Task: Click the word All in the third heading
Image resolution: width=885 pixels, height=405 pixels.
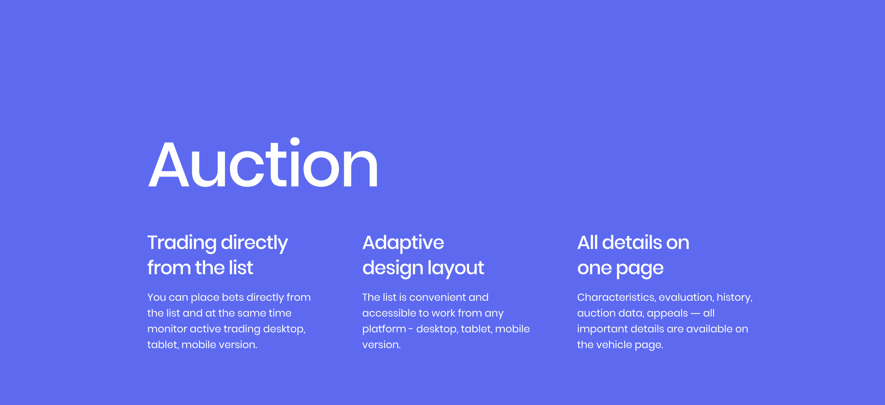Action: pos(588,243)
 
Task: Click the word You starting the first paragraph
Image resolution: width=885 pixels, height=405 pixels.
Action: pos(156,297)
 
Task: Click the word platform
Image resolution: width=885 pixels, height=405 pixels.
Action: pos(384,329)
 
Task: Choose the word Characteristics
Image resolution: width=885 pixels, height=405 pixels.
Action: pos(616,297)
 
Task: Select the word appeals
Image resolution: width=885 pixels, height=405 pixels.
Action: pos(667,314)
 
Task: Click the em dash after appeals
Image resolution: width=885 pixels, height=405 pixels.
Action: pos(695,314)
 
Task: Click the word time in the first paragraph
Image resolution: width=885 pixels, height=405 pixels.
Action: pos(280,313)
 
